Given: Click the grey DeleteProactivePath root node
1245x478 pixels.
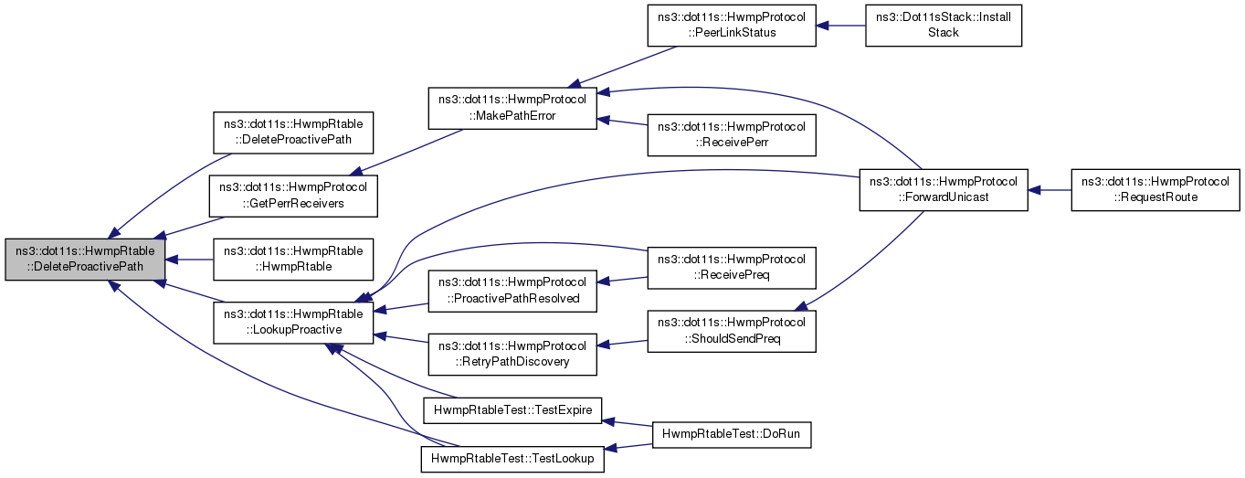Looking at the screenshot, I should (x=86, y=260).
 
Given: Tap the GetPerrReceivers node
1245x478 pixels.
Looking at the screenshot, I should (x=294, y=195).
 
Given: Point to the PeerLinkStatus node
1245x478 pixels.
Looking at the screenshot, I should (x=731, y=26).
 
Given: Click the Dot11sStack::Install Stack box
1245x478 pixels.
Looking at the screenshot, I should (x=944, y=26).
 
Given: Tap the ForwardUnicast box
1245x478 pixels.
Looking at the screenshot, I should (x=944, y=189).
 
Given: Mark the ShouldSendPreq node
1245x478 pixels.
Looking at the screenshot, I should (x=731, y=330).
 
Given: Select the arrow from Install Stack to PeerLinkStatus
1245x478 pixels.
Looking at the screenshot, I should (x=840, y=26).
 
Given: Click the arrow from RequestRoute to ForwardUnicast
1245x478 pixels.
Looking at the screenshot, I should (x=1050, y=190).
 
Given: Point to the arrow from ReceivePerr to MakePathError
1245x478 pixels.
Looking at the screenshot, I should (x=622, y=122).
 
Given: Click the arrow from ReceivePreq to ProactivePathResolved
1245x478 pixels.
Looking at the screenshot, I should (x=622, y=280).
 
